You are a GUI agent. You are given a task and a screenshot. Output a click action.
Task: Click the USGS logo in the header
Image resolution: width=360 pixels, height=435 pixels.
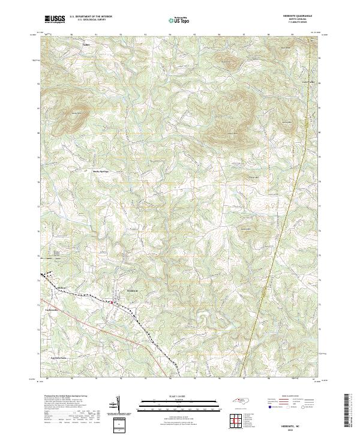(55, 19)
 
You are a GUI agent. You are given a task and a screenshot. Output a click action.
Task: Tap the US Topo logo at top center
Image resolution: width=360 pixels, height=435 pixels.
(179, 20)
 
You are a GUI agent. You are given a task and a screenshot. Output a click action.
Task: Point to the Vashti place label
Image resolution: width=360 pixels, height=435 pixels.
(86, 44)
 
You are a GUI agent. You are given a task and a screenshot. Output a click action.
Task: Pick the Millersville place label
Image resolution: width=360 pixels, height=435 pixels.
(61, 288)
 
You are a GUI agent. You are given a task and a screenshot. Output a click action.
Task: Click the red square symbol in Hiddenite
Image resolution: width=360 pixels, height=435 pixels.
(112, 303)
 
